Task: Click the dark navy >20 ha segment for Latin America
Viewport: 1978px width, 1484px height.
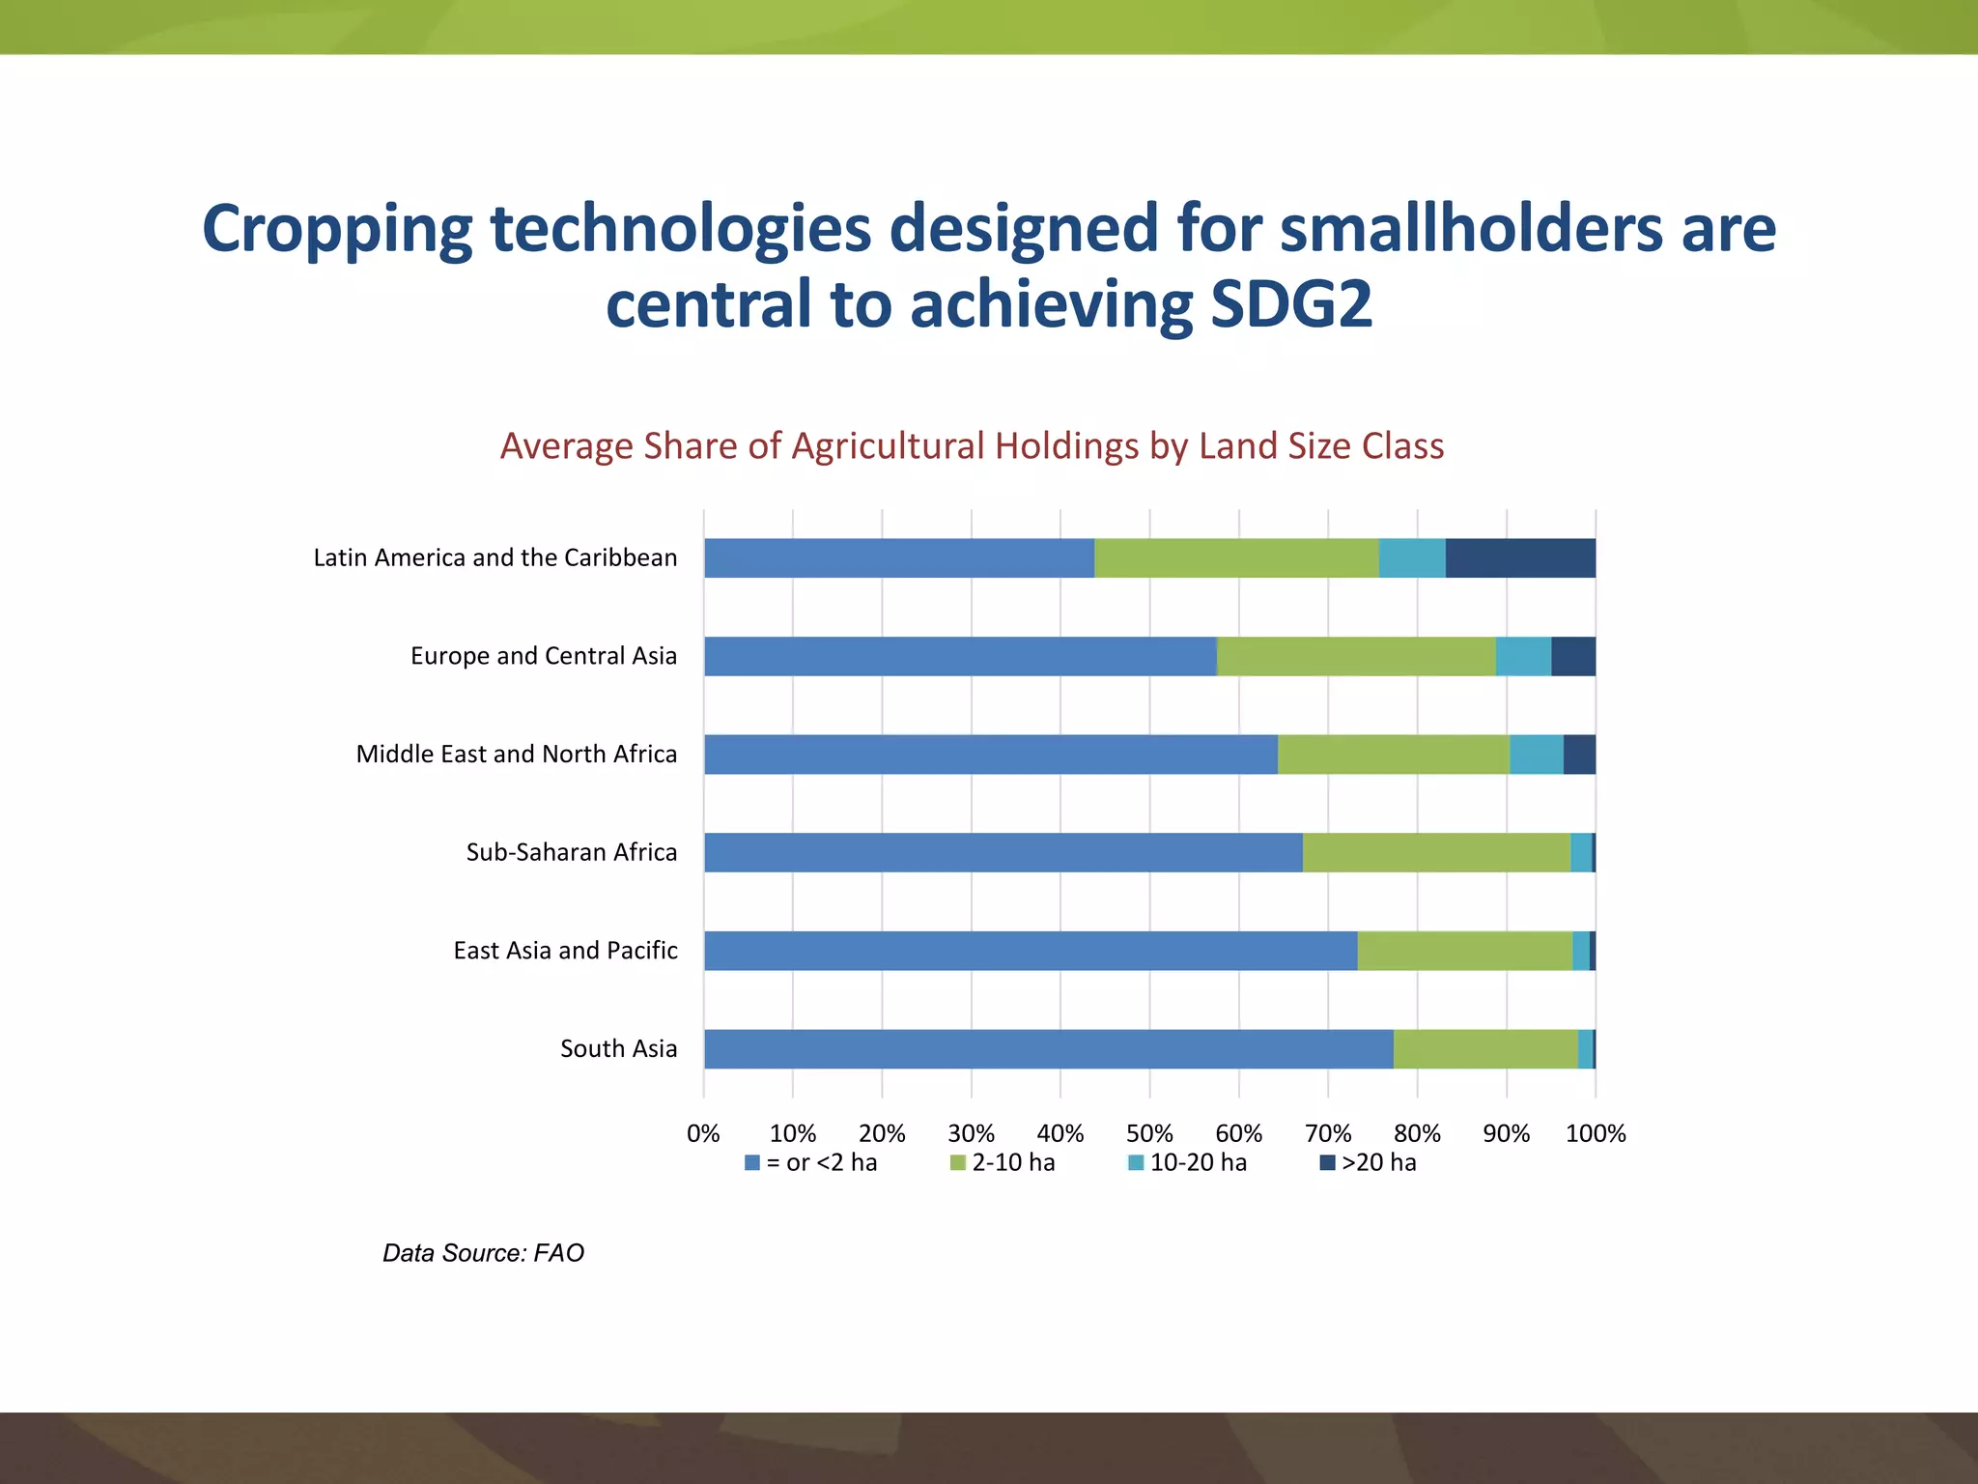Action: (1519, 558)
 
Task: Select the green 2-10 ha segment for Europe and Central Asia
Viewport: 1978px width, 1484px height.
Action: (1355, 656)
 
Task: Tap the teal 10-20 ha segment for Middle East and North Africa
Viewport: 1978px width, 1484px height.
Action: (1536, 755)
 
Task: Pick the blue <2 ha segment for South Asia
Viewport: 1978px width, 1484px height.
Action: (1048, 1049)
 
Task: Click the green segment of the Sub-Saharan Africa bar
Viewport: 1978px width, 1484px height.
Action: (1436, 852)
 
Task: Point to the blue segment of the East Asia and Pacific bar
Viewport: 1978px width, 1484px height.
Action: (1031, 951)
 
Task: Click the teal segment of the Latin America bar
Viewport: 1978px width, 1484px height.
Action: (1411, 558)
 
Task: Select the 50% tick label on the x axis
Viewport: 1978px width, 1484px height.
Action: (1149, 1133)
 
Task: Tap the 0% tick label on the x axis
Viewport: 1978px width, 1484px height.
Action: (703, 1133)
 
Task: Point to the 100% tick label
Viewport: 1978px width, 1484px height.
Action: (1596, 1133)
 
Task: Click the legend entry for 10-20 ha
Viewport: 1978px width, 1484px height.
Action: (1188, 1162)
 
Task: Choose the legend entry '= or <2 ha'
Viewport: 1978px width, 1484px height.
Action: (811, 1162)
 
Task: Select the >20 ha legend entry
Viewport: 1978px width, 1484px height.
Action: (1369, 1162)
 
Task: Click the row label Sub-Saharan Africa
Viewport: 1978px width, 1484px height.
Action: (572, 852)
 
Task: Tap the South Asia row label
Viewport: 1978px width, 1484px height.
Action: (618, 1049)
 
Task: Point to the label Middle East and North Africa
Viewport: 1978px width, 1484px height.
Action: (517, 755)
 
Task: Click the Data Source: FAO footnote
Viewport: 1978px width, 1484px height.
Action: (483, 1253)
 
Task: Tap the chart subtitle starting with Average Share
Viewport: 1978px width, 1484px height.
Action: (972, 446)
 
